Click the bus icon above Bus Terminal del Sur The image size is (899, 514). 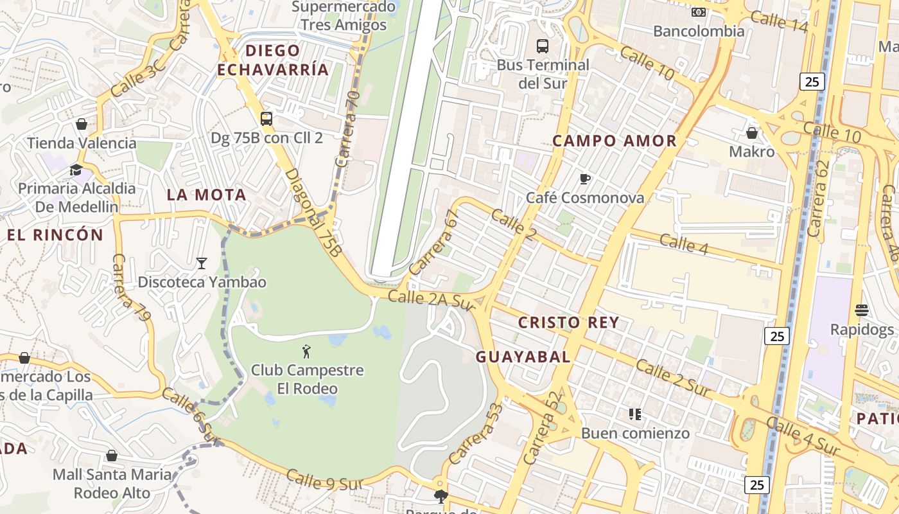(x=543, y=46)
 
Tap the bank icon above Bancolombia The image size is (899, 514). (x=699, y=12)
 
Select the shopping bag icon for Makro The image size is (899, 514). (x=751, y=133)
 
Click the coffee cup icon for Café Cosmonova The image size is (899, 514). (x=584, y=179)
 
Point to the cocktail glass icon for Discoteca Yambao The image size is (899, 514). (x=202, y=263)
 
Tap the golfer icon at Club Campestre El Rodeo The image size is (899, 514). (x=306, y=351)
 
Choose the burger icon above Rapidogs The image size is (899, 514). (x=862, y=311)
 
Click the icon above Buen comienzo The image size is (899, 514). (x=635, y=414)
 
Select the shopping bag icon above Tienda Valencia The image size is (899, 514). (x=82, y=124)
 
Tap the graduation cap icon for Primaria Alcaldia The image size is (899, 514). (x=76, y=170)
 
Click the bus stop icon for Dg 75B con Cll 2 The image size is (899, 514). (x=266, y=119)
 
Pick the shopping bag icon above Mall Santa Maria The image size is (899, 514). (x=112, y=456)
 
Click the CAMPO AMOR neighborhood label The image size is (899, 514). (x=615, y=141)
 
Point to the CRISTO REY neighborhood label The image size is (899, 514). (x=568, y=323)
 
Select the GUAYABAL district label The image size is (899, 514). (x=523, y=357)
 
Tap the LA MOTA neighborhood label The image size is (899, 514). (x=206, y=195)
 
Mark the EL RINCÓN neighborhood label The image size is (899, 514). (x=55, y=235)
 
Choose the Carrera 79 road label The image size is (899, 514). (x=132, y=287)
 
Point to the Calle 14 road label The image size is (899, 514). (x=778, y=21)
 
